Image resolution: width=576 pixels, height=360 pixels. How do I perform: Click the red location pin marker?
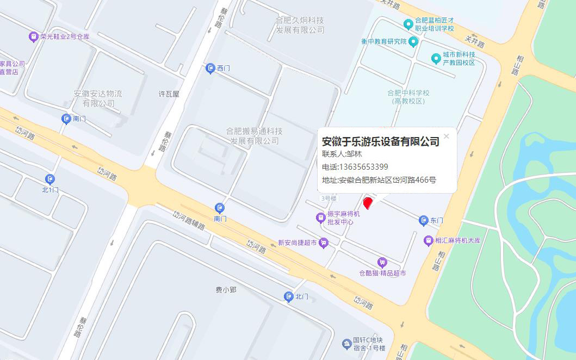pyautogui.click(x=368, y=203)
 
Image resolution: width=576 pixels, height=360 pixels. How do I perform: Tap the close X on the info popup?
pyautogui.click(x=447, y=136)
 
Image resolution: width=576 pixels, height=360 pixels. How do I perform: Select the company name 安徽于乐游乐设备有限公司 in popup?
pyautogui.click(x=381, y=142)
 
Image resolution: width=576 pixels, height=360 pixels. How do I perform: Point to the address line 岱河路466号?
pyautogui.click(x=379, y=180)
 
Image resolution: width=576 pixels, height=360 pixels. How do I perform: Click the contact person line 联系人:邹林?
pyautogui.click(x=342, y=154)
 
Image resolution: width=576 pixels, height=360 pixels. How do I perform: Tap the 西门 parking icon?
pyautogui.click(x=210, y=69)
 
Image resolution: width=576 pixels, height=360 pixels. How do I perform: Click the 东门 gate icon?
pyautogui.click(x=424, y=221)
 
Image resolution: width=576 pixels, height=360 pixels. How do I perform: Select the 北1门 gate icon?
pyautogui.click(x=50, y=179)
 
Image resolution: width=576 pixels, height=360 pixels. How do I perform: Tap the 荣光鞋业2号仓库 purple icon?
pyautogui.click(x=33, y=37)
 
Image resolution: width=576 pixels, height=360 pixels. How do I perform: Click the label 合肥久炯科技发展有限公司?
pyautogui.click(x=300, y=25)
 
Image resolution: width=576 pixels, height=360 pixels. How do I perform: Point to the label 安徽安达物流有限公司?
pyautogui.click(x=98, y=98)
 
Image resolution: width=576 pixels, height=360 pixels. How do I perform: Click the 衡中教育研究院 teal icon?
pyautogui.click(x=413, y=42)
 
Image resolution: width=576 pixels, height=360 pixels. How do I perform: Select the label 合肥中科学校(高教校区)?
pyautogui.click(x=408, y=97)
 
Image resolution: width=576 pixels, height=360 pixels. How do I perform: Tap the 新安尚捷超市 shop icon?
pyautogui.click(x=324, y=243)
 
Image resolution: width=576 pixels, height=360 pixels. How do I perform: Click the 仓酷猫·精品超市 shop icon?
pyautogui.click(x=382, y=263)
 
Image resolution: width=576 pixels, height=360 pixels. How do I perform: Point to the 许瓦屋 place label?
pyautogui.click(x=169, y=94)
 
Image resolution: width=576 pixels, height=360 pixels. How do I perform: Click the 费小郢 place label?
pyautogui.click(x=226, y=290)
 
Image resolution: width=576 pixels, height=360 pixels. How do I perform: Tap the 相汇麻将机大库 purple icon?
pyautogui.click(x=429, y=240)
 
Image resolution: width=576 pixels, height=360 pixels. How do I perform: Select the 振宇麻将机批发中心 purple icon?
pyautogui.click(x=320, y=218)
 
